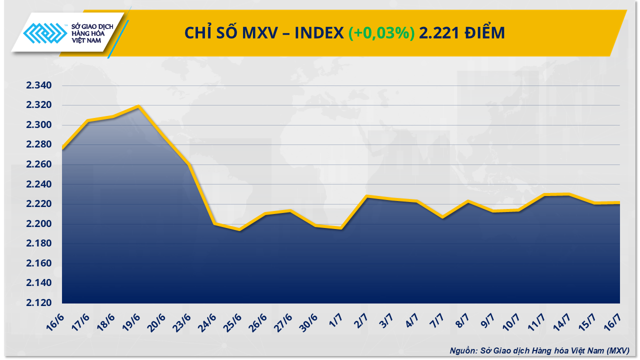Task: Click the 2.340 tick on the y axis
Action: pyautogui.click(x=39, y=85)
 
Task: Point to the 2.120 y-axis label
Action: pyautogui.click(x=39, y=303)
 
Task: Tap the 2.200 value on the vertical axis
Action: pyautogui.click(x=39, y=224)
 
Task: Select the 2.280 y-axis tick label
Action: pyautogui.click(x=39, y=145)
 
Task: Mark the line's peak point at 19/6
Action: pyautogui.click(x=138, y=106)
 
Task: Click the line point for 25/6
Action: pyautogui.click(x=240, y=229)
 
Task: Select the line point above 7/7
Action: pyautogui.click(x=442, y=217)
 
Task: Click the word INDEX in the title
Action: pyautogui.click(x=318, y=33)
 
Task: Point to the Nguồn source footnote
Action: pyautogui.click(x=539, y=350)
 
